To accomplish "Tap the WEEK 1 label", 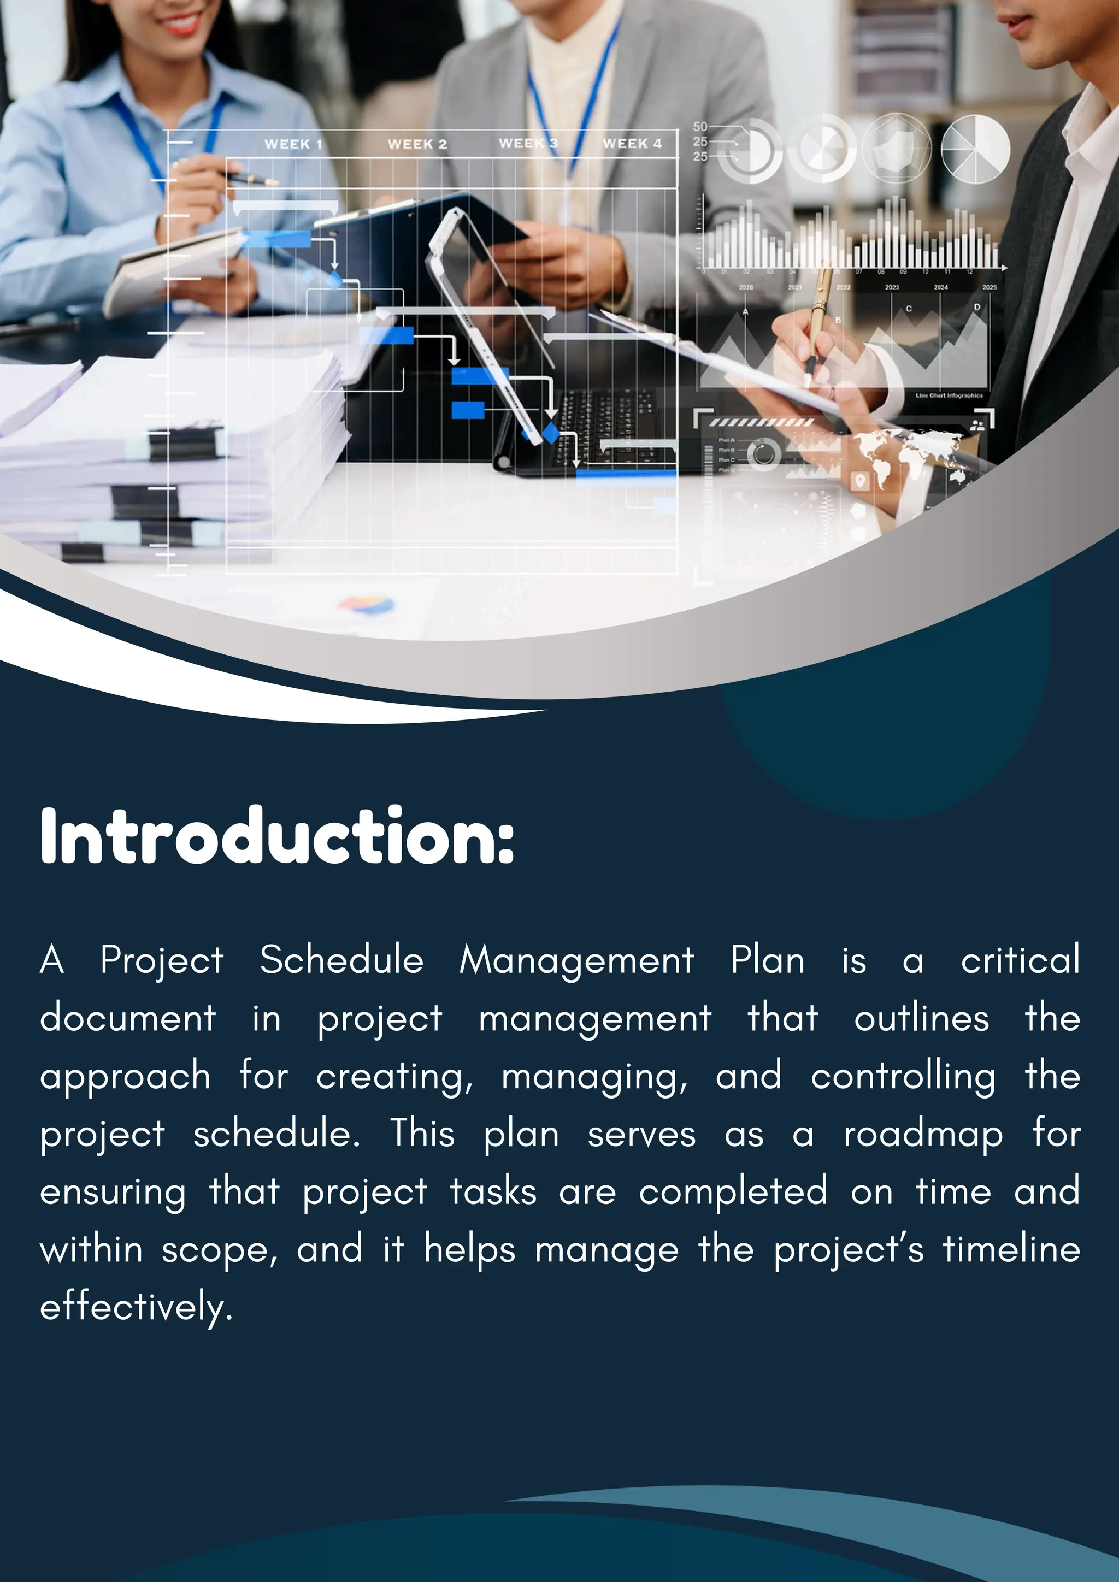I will [x=293, y=144].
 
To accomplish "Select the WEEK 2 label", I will [x=417, y=144].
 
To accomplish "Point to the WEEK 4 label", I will [x=632, y=143].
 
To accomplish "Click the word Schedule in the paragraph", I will [x=341, y=960].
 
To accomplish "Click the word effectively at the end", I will [x=136, y=1307].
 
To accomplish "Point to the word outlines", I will [x=921, y=1018].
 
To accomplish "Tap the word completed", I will [x=733, y=1191].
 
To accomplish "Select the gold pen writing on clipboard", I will [x=818, y=324].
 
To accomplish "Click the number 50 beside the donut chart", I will [x=700, y=127].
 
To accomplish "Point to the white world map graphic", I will [x=906, y=451].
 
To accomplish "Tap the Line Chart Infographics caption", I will [x=949, y=395].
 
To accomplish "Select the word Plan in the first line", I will [x=768, y=960].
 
